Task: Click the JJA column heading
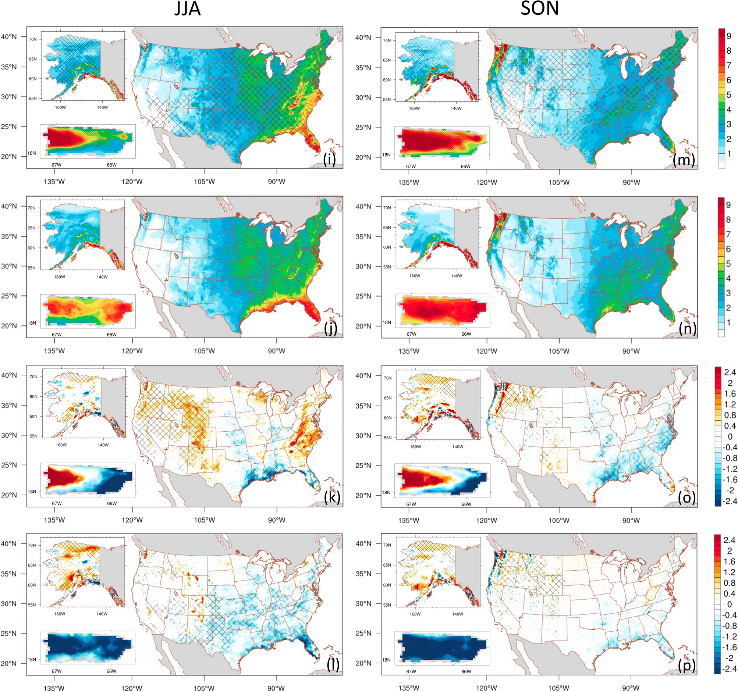tap(188, 9)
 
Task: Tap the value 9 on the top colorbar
tap(729, 36)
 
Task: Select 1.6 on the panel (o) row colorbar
tap(730, 394)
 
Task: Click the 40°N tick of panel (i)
tap(9, 37)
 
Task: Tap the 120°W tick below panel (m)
tap(486, 182)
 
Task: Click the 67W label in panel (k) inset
tap(57, 503)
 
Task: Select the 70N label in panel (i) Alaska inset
tap(33, 39)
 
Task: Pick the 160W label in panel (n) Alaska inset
tap(415, 276)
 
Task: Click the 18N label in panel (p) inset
tap(386, 660)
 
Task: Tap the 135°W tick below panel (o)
tap(409, 520)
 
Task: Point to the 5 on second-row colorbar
tap(728, 264)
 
